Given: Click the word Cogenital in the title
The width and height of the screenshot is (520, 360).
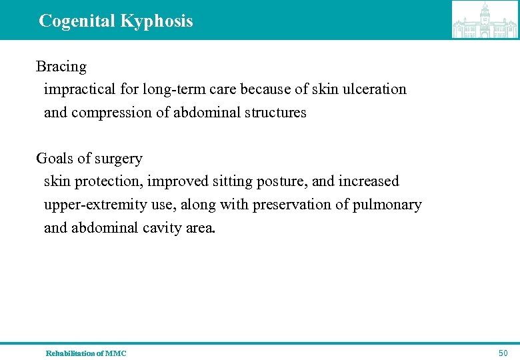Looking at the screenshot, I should coord(77,21).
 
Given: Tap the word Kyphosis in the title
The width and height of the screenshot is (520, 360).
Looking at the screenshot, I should coord(157,21).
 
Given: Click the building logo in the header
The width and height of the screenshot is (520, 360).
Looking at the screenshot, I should coord(485,20).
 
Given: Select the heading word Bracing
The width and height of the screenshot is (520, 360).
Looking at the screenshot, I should coord(61,67).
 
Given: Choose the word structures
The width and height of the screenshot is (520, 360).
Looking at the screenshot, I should coord(273,113).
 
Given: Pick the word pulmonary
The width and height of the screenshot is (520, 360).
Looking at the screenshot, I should coord(388,205).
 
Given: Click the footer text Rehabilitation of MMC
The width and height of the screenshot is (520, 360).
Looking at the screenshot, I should coord(85,353).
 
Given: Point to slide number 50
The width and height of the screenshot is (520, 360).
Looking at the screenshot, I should coord(503,353).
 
